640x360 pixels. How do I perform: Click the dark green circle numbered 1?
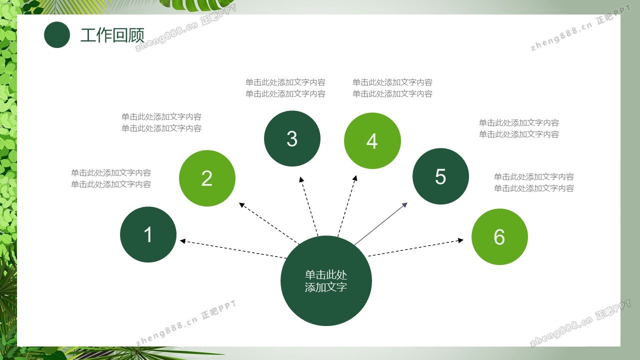point(148,234)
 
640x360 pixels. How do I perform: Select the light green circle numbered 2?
point(207,178)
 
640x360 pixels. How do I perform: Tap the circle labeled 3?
point(292,138)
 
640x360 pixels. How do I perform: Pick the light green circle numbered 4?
point(372,140)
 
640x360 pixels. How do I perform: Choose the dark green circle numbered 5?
point(440,176)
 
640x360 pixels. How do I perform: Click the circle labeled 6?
point(499,236)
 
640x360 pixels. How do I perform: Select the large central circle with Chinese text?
point(326,280)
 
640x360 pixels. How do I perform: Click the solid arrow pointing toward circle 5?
point(381,223)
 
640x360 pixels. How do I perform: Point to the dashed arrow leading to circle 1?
point(233,249)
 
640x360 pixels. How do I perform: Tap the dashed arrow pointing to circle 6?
point(415,247)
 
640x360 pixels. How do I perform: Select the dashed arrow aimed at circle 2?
point(269,223)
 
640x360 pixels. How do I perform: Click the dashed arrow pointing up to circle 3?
point(309,206)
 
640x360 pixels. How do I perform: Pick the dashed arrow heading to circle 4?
point(347,206)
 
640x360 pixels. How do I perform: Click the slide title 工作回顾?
point(112,35)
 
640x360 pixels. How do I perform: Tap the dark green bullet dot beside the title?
point(57,34)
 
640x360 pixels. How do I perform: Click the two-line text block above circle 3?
point(285,88)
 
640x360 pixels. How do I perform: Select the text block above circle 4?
point(392,88)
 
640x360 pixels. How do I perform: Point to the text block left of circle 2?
point(161,122)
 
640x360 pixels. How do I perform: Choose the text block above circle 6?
point(534,182)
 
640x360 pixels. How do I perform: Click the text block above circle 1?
point(111,178)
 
